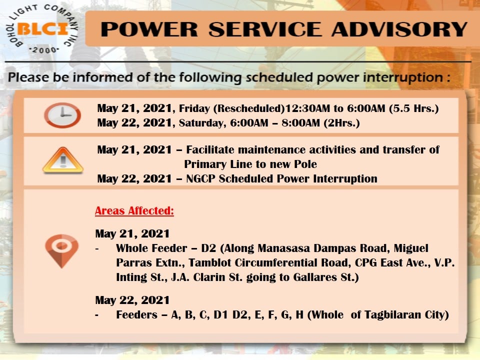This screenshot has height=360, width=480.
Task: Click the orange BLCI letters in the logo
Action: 42,29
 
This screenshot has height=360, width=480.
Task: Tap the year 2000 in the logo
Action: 44,50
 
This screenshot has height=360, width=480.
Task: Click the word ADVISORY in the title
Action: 399,29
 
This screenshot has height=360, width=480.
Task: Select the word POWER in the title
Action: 149,29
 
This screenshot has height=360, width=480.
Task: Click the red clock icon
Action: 62,115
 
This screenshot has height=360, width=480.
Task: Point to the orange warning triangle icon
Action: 63,160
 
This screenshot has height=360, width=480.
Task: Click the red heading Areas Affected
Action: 134,210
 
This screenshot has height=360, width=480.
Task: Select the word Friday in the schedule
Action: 194,108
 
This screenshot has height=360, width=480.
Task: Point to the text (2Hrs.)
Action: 342,123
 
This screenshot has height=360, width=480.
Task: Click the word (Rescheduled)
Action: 249,108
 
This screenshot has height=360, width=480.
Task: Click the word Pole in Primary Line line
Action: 305,164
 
